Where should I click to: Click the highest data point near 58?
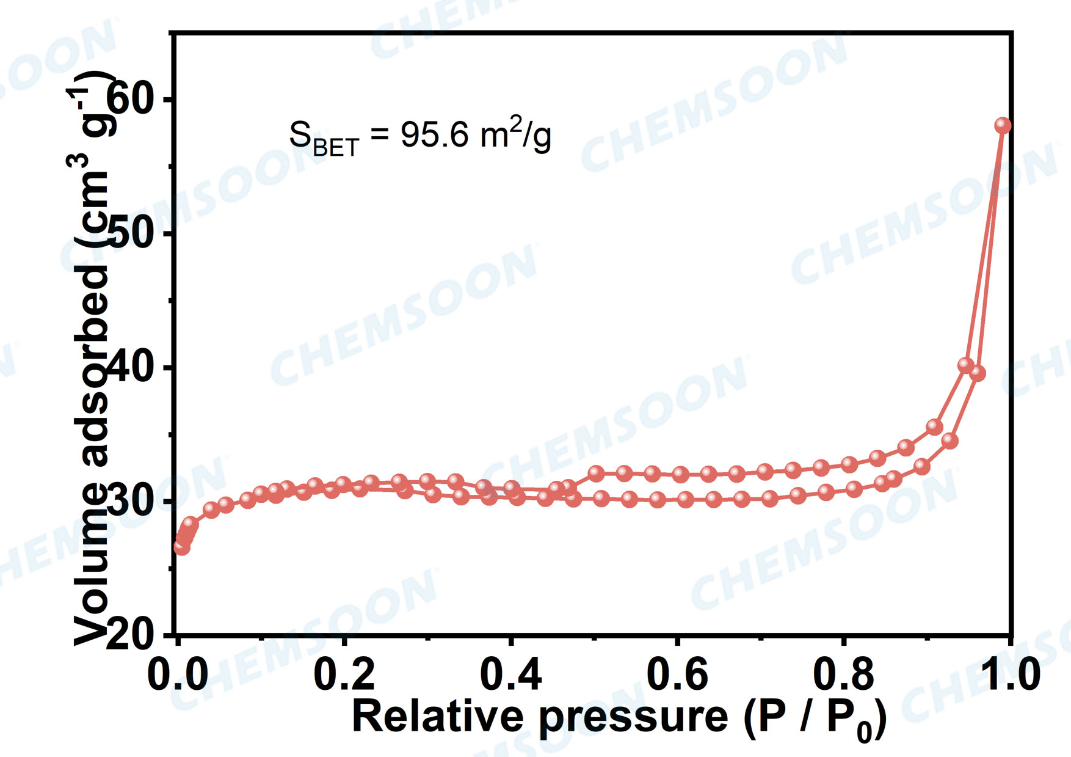pos(1003,125)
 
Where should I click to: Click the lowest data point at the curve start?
pos(181,547)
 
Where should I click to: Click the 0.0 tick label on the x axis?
pos(178,675)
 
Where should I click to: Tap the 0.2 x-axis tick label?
pos(344,675)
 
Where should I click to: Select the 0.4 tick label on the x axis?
pos(511,675)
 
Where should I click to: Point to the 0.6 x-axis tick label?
pos(677,675)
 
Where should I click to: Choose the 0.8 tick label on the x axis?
pos(843,675)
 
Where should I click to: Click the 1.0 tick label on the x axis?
pos(1009,675)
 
